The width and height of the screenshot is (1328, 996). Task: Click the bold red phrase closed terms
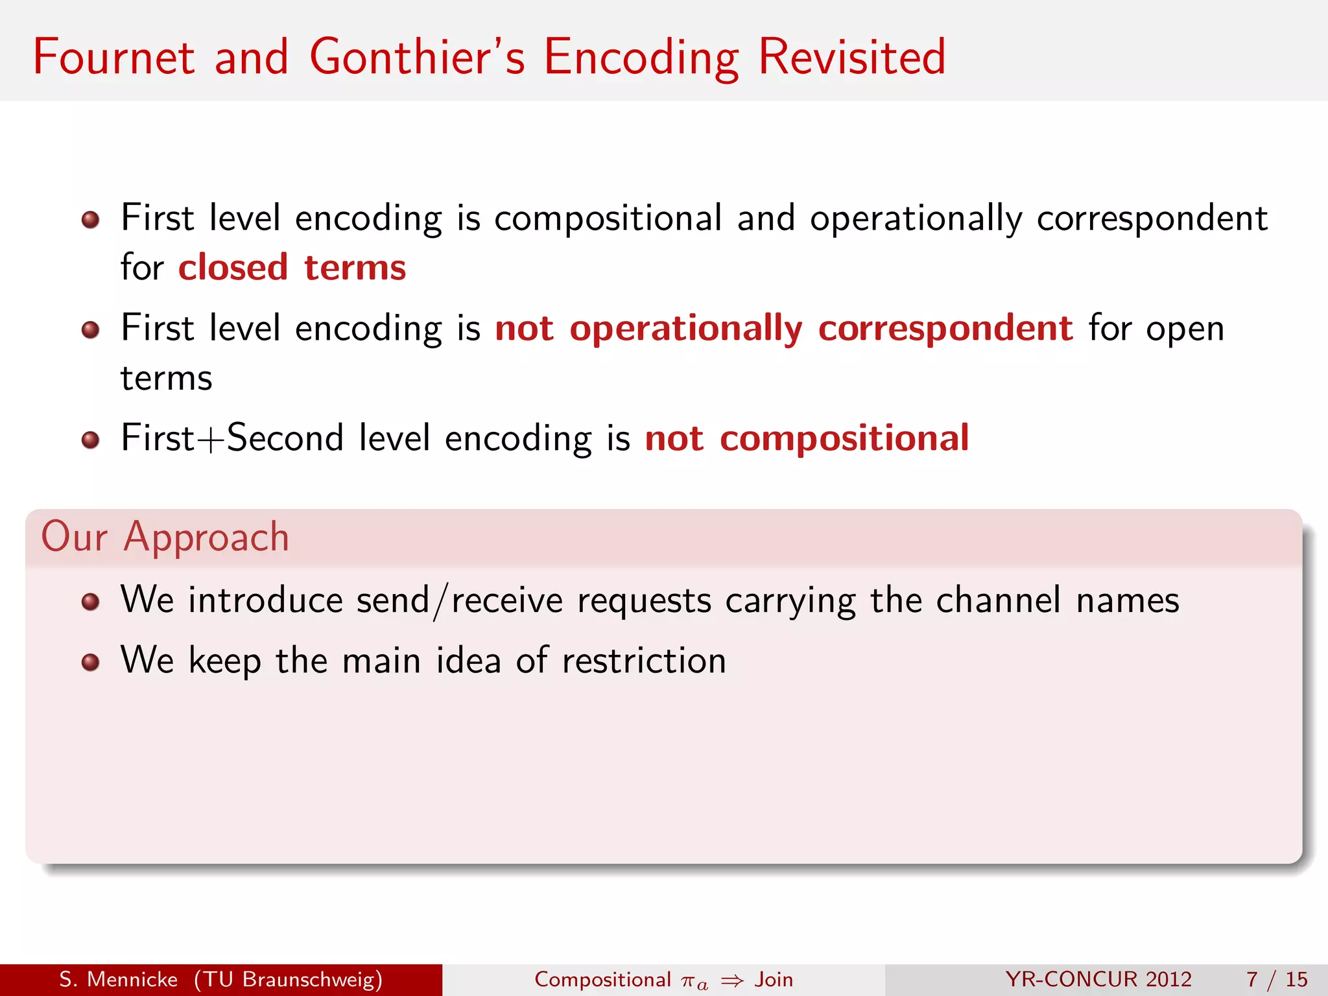(x=292, y=268)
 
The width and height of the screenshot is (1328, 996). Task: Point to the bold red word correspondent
(x=945, y=328)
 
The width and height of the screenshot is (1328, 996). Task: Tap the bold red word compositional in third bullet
(x=844, y=438)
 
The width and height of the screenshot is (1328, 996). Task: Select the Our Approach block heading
(x=165, y=538)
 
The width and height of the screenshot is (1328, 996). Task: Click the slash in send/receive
(x=441, y=601)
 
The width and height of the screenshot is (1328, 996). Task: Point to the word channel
(x=999, y=600)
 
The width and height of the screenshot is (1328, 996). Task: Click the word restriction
(x=644, y=661)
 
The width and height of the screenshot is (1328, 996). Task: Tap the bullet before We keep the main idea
(x=90, y=662)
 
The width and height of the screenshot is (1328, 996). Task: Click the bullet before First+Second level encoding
(x=90, y=440)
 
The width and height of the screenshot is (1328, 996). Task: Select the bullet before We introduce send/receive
(x=90, y=602)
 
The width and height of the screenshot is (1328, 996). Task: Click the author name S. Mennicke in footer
(x=118, y=979)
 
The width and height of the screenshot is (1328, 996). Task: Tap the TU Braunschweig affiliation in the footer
(x=289, y=979)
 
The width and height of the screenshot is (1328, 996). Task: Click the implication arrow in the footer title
(x=732, y=980)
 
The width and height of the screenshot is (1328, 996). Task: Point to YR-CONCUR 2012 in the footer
(x=1098, y=979)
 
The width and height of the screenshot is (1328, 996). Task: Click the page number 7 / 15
(x=1276, y=979)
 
